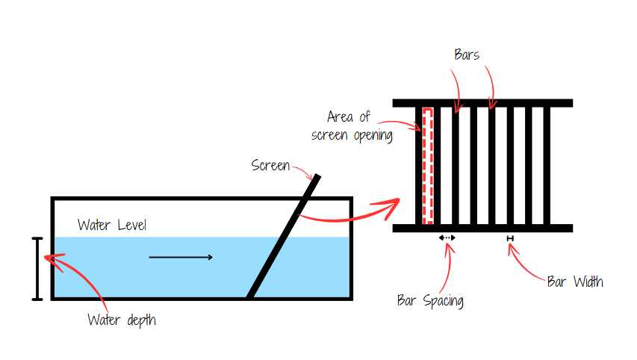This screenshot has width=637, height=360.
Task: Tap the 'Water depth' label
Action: (x=122, y=320)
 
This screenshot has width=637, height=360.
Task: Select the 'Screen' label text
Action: (x=270, y=165)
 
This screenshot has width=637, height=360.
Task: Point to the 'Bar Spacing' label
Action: (x=430, y=301)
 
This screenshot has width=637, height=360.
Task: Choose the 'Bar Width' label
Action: (x=575, y=282)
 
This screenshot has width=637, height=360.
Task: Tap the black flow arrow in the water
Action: (x=181, y=258)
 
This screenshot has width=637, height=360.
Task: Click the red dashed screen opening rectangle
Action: (x=428, y=165)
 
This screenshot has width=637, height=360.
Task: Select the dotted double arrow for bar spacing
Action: (x=447, y=238)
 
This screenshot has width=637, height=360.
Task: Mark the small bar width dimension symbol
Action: (x=510, y=238)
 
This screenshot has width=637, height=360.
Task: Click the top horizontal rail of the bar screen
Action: (x=482, y=103)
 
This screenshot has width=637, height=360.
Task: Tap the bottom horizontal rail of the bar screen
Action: (x=482, y=228)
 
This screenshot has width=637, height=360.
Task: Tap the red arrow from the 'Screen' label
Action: (x=304, y=170)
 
